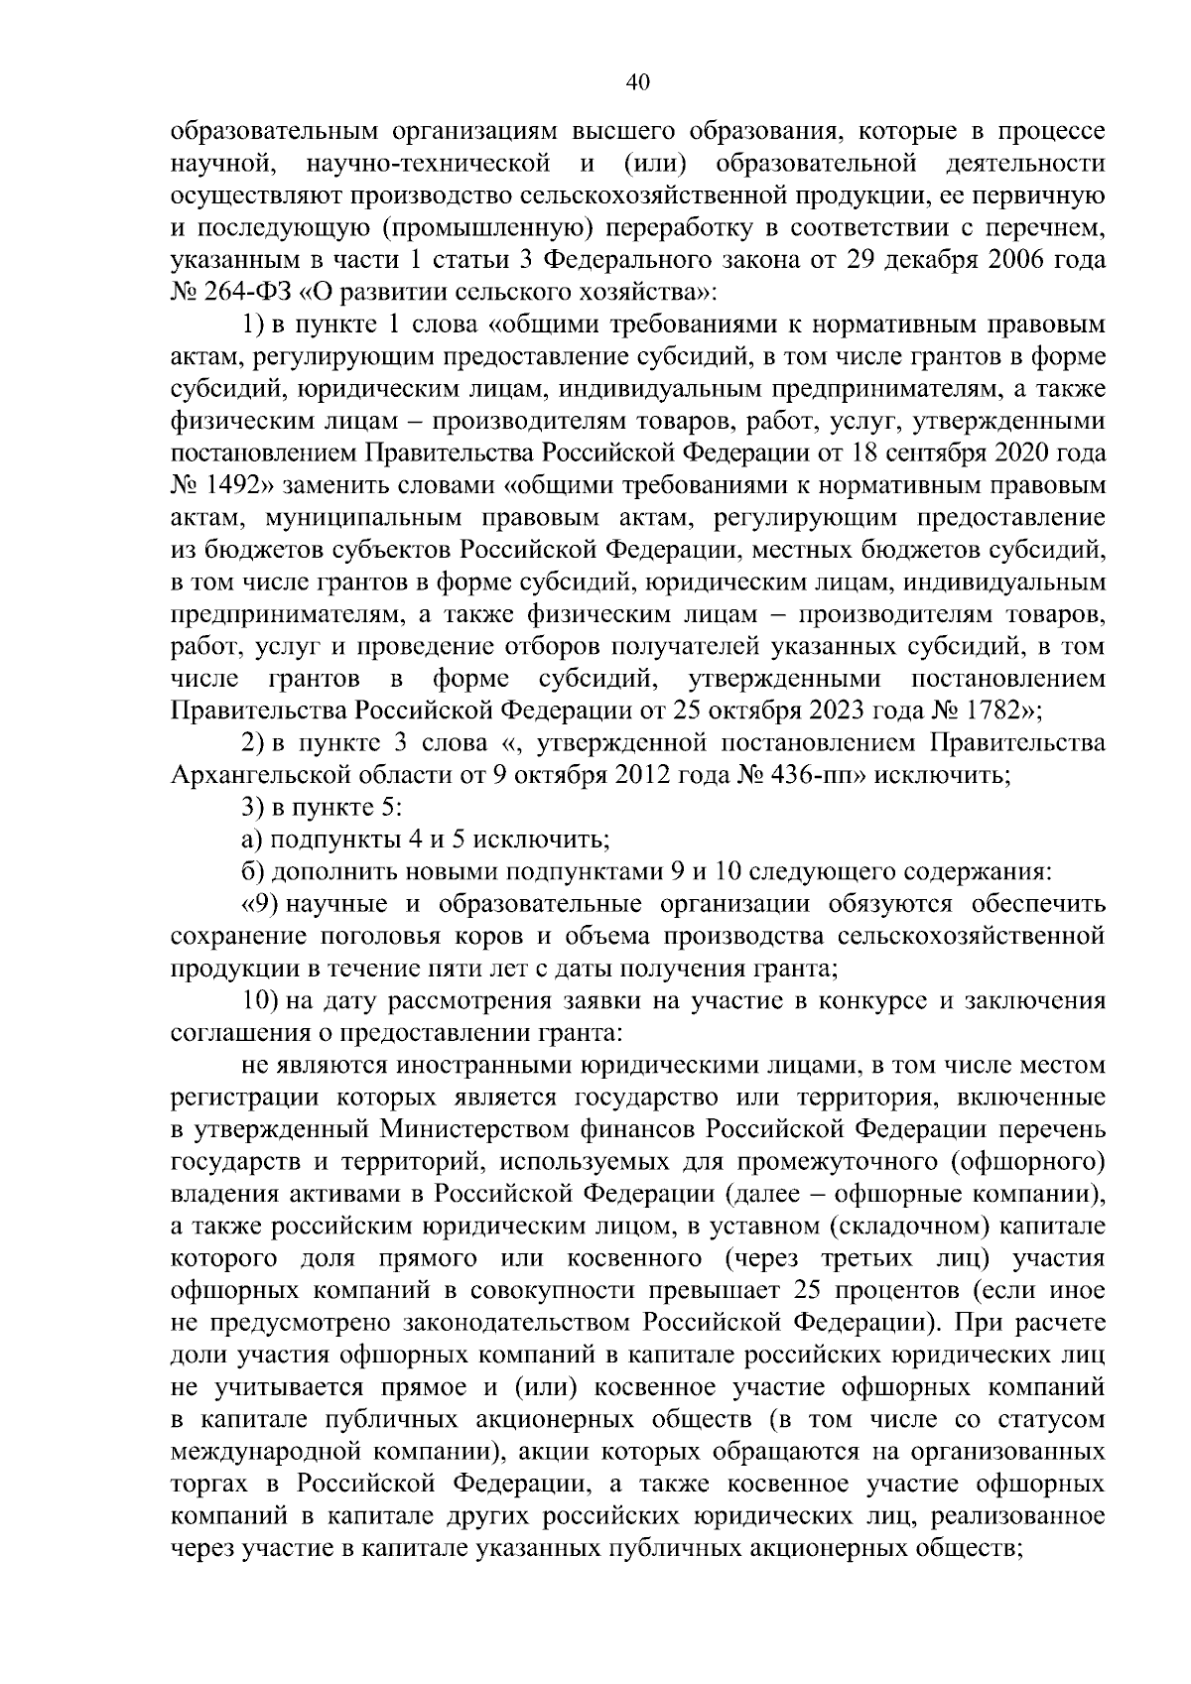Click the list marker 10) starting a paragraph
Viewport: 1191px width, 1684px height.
pyautogui.click(x=263, y=1001)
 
